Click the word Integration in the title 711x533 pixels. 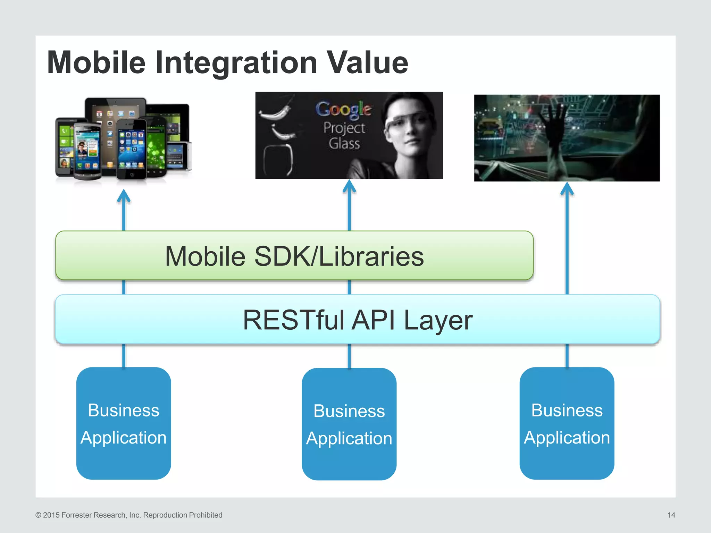(x=236, y=63)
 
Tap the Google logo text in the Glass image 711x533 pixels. (x=343, y=109)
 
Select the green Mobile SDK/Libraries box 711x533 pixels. (x=294, y=256)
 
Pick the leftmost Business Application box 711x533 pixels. (x=124, y=423)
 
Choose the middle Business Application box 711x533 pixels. (x=349, y=424)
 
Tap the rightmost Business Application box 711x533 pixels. (x=567, y=423)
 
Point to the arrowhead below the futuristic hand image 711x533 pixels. (x=567, y=189)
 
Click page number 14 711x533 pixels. (x=671, y=515)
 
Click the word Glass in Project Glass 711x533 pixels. (x=344, y=143)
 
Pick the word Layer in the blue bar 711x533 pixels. (x=438, y=320)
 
